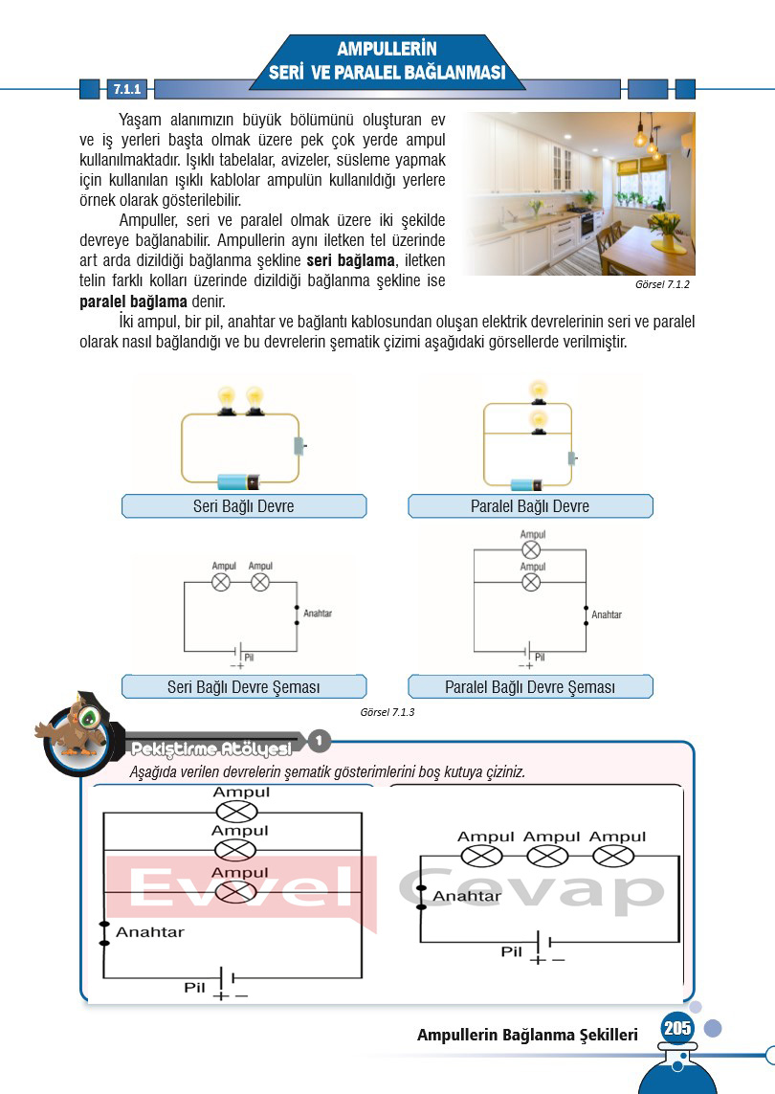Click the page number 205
click(x=675, y=1029)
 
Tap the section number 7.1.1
click(x=127, y=90)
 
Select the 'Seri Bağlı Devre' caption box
click(x=244, y=506)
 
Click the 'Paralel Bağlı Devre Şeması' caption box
click(x=530, y=687)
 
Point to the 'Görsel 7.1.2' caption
click(x=662, y=285)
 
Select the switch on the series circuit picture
click(x=299, y=445)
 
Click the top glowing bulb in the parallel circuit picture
click(x=539, y=390)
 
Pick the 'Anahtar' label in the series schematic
click(x=316, y=613)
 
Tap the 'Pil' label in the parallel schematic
click(x=540, y=657)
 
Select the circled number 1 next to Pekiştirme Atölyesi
click(x=320, y=741)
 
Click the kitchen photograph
click(x=579, y=193)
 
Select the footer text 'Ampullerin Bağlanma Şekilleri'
click(x=527, y=1036)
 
